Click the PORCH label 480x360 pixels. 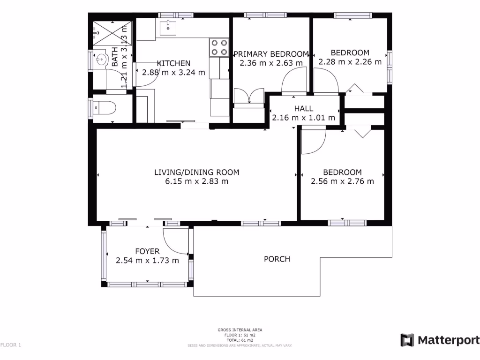tap(277, 259)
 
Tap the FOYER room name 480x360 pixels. tap(147, 251)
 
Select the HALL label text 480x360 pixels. tap(303, 109)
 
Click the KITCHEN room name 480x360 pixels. tap(173, 63)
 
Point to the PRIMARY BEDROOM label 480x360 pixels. tap(271, 53)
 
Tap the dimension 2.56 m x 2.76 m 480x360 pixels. tap(342, 181)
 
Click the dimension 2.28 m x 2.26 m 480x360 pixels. tap(350, 61)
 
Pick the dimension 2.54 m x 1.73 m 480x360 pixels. tap(147, 261)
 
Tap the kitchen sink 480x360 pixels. tap(167, 28)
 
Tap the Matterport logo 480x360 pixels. tap(440, 340)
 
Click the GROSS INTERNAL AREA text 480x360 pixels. tap(240, 330)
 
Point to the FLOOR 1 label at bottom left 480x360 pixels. tap(11, 345)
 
